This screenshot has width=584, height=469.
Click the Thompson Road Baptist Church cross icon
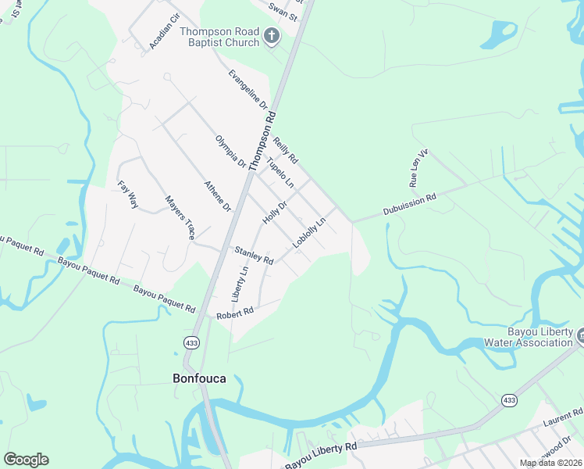271,36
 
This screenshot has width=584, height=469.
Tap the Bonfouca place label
198,378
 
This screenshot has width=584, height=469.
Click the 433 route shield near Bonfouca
191,342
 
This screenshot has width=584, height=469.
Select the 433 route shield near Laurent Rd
509,399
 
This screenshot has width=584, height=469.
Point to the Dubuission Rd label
408,206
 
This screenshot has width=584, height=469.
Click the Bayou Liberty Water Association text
528,338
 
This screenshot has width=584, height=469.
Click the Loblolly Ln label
309,234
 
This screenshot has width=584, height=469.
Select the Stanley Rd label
254,255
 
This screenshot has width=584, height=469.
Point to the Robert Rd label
235,311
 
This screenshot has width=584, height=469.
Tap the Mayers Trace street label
180,217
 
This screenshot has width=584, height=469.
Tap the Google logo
26,460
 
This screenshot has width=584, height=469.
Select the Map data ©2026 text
550,463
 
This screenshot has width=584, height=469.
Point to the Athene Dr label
217,197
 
